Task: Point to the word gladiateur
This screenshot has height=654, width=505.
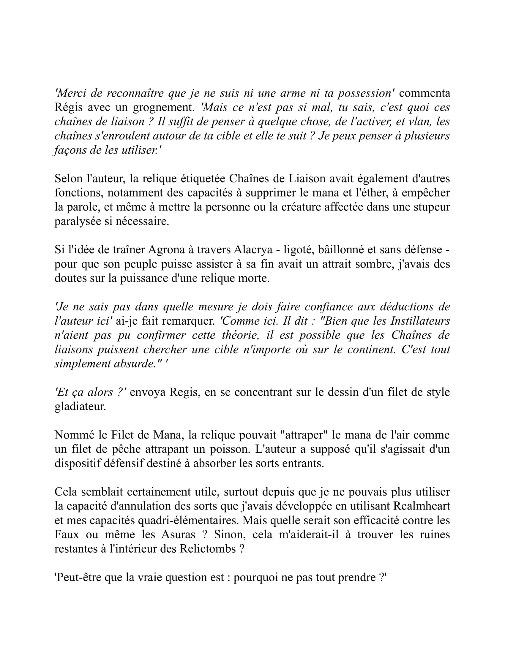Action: pyautogui.click(x=80, y=407)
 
